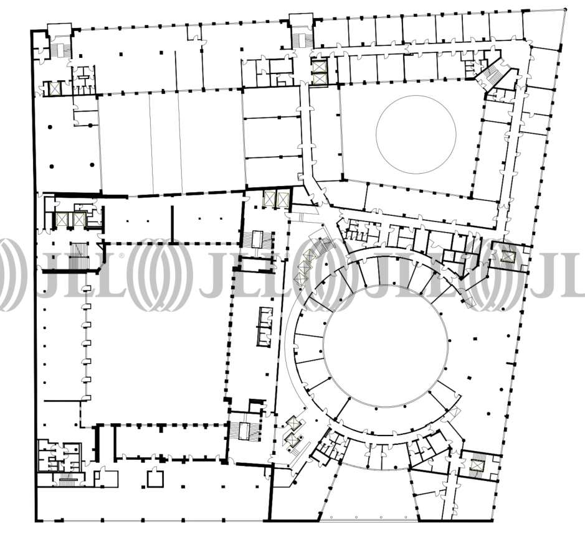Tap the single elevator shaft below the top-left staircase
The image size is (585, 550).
click(x=54, y=88)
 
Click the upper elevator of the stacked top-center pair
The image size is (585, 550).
click(x=320, y=67)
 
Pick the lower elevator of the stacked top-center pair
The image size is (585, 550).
click(x=320, y=79)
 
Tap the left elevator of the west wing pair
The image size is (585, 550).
click(x=61, y=219)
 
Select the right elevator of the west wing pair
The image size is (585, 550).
click(x=78, y=219)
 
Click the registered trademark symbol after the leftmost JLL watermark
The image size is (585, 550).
click(x=121, y=256)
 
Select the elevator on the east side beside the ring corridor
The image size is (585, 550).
click(x=508, y=256)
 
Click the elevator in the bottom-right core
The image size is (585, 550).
click(x=477, y=465)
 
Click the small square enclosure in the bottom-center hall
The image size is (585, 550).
click(x=155, y=479)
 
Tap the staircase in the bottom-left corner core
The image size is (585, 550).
click(x=67, y=481)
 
